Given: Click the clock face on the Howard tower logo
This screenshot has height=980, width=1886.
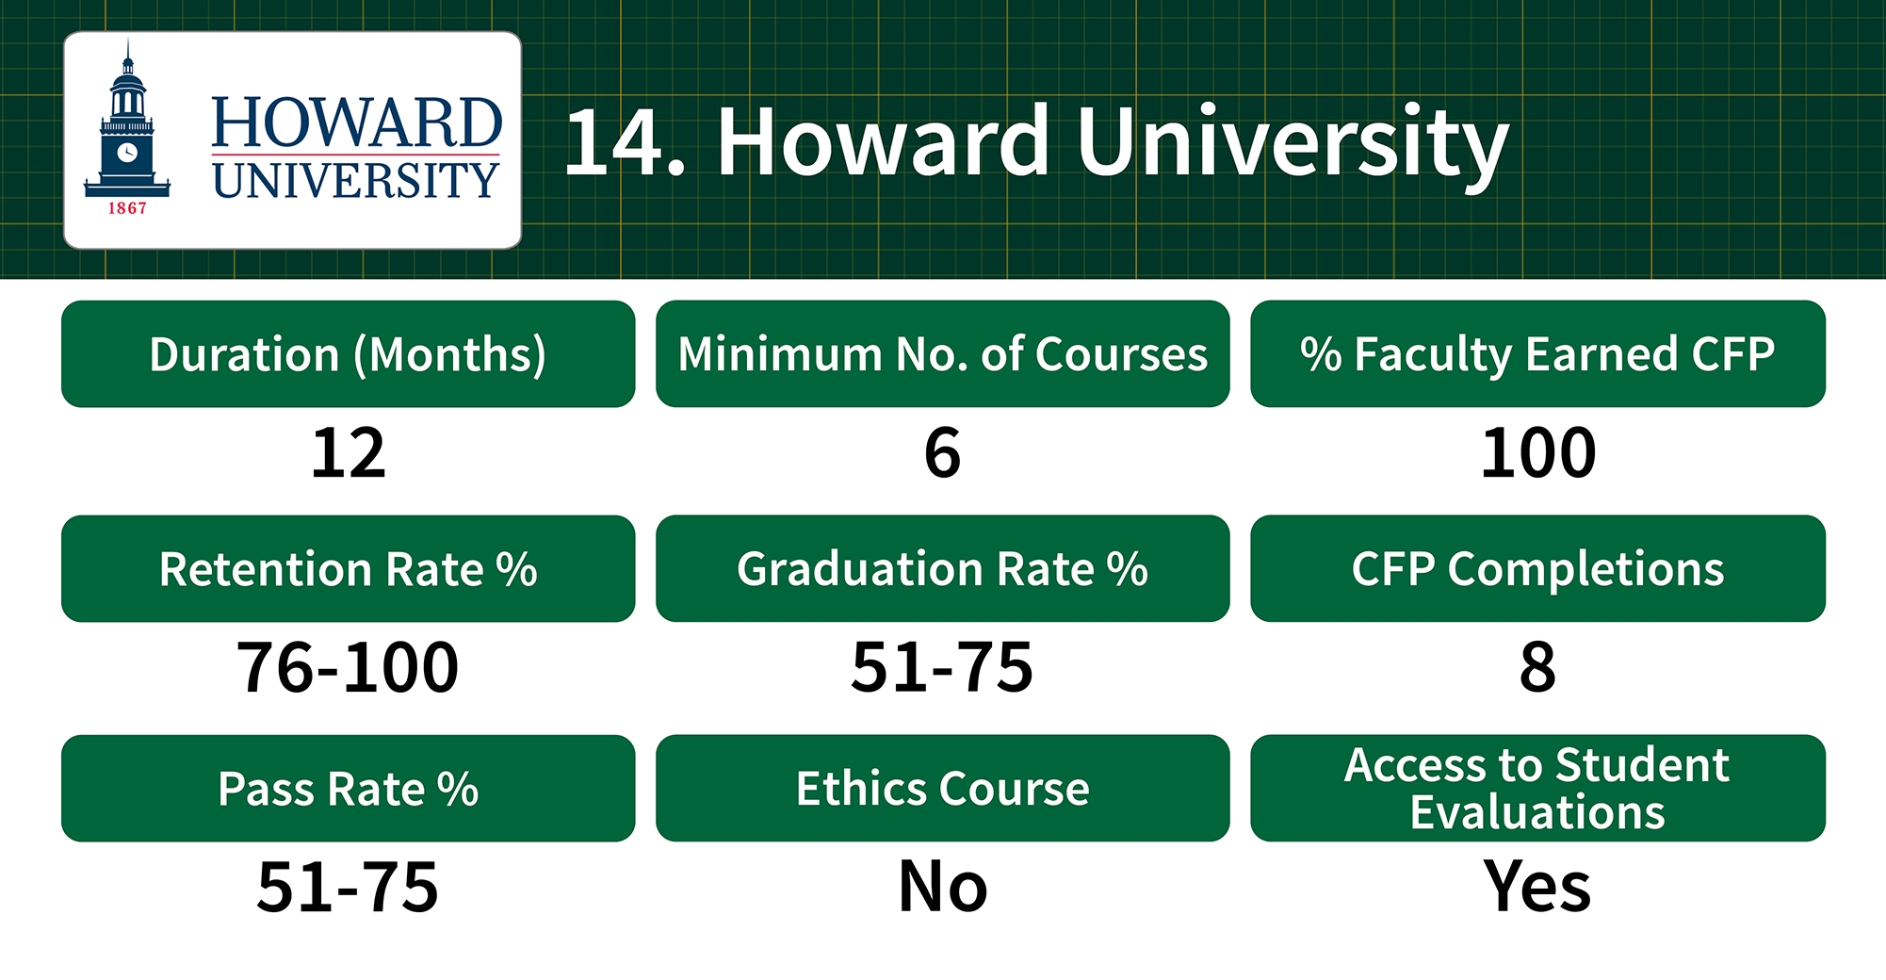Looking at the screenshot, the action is click(127, 152).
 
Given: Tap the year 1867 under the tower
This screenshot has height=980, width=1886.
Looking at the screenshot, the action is click(127, 208).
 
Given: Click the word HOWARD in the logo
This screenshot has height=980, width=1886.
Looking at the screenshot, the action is click(356, 122).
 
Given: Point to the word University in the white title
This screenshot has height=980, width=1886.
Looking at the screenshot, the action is click(1293, 143).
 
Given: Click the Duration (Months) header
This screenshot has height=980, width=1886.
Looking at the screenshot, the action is click(348, 354).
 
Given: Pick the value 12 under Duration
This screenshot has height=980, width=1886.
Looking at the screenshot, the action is click(349, 452).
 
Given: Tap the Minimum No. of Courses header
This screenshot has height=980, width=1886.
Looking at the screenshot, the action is click(942, 354).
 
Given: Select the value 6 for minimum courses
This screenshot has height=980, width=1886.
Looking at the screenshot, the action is click(942, 452).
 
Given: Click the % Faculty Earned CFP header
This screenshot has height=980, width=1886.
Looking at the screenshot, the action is click(1537, 354).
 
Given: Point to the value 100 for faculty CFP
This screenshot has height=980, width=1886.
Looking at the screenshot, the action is click(1537, 452).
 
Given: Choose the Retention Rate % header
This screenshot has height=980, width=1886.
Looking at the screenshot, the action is click(348, 568).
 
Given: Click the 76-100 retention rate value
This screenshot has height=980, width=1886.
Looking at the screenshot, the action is click(348, 667).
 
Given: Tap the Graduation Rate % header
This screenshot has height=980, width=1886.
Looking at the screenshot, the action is click(942, 568).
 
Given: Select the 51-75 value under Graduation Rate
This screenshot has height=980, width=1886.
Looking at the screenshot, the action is click(942, 667).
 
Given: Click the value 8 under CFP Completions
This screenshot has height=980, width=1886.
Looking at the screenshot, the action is click(1537, 667).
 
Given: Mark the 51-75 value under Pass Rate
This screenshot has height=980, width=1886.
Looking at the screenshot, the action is click(348, 887).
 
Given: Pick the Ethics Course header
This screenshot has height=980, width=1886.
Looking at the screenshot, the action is click(942, 788).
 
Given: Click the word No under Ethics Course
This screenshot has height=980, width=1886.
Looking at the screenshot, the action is click(942, 887).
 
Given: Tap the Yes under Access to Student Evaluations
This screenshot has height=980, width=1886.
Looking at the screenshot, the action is click(1537, 887).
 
